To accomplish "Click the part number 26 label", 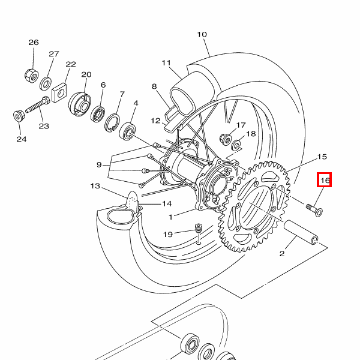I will click(34, 43).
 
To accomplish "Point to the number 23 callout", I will click(44, 125).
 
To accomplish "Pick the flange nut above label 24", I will click(18, 114).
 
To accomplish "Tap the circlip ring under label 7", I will click(111, 124).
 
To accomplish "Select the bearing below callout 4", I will click(128, 130).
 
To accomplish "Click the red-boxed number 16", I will click(325, 179).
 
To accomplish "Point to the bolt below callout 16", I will click(313, 209).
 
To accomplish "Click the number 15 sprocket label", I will click(322, 157).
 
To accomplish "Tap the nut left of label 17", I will click(226, 137).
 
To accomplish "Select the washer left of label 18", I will click(237, 145).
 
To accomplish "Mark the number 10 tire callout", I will click(202, 34).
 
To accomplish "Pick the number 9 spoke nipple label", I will click(99, 164).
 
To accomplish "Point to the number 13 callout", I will click(95, 186).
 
